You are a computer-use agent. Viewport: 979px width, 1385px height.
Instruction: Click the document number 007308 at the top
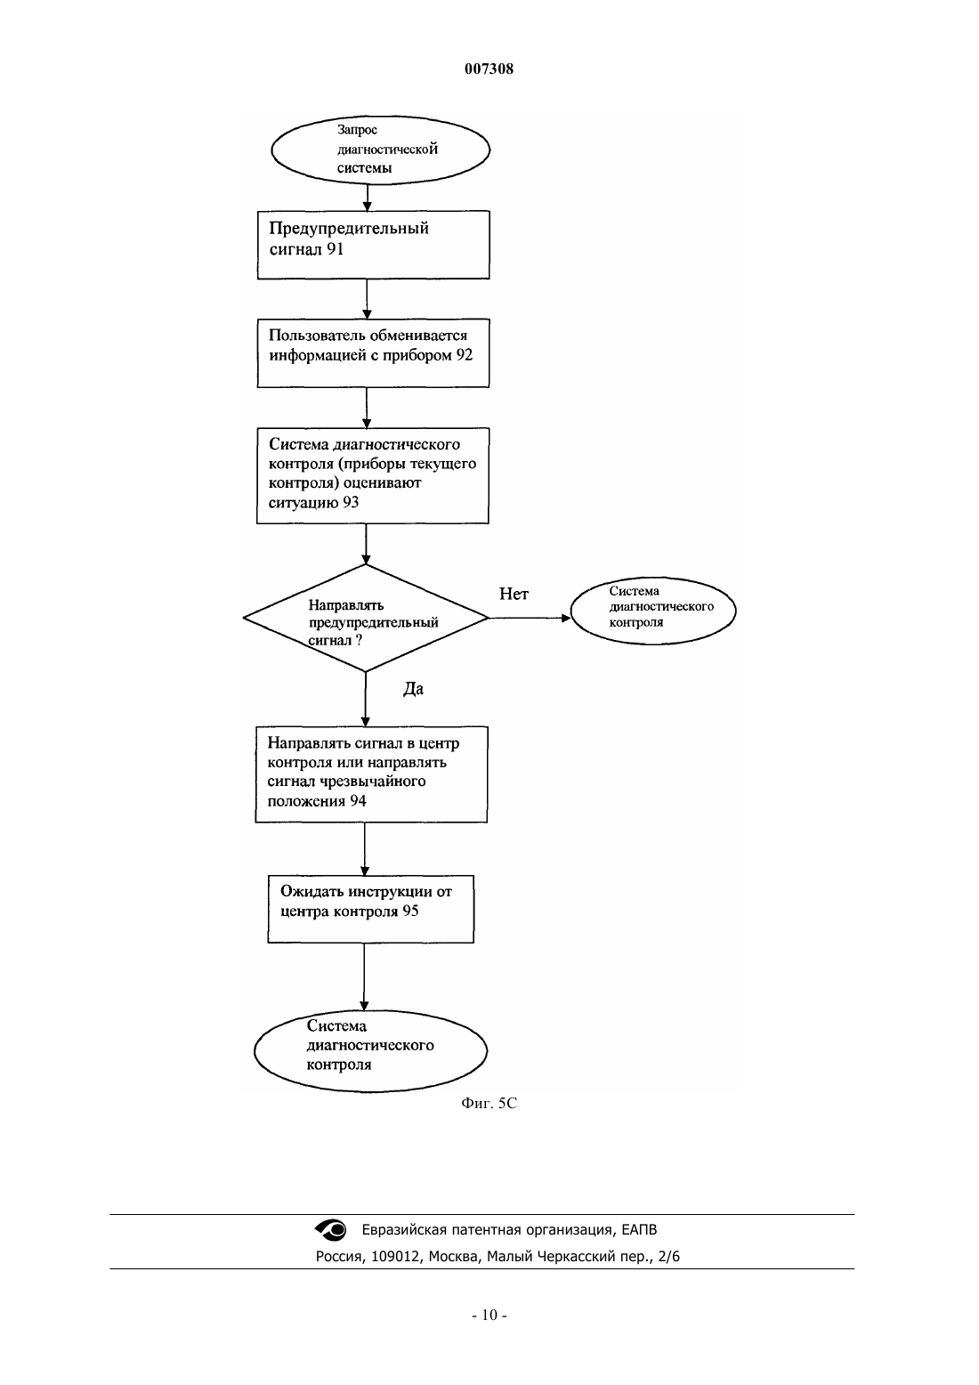pyautogui.click(x=489, y=69)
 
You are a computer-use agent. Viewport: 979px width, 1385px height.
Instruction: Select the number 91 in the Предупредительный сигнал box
pyautogui.click(x=335, y=249)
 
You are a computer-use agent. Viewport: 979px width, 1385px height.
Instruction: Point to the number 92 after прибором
pyautogui.click(x=465, y=355)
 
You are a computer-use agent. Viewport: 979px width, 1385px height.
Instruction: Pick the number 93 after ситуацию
pyautogui.click(x=351, y=502)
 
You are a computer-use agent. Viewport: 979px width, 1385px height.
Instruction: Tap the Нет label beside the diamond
pyautogui.click(x=514, y=595)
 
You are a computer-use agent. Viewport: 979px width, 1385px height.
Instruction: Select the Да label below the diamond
pyautogui.click(x=414, y=689)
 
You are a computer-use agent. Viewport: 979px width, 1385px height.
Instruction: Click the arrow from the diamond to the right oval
pyautogui.click(x=530, y=618)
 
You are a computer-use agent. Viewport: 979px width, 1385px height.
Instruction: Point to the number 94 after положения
pyautogui.click(x=358, y=801)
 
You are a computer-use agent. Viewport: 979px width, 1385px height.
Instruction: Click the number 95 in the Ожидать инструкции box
pyautogui.click(x=410, y=911)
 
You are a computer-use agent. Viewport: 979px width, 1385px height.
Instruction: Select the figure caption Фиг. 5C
pyautogui.click(x=489, y=1103)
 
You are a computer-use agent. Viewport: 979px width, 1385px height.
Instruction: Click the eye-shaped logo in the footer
pyautogui.click(x=331, y=1229)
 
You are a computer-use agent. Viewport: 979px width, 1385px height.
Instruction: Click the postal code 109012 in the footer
pyautogui.click(x=395, y=1257)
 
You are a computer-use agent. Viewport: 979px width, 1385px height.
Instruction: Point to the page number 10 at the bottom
pyautogui.click(x=489, y=1316)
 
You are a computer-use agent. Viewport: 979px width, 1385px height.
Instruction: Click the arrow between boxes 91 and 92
pyautogui.click(x=367, y=299)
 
